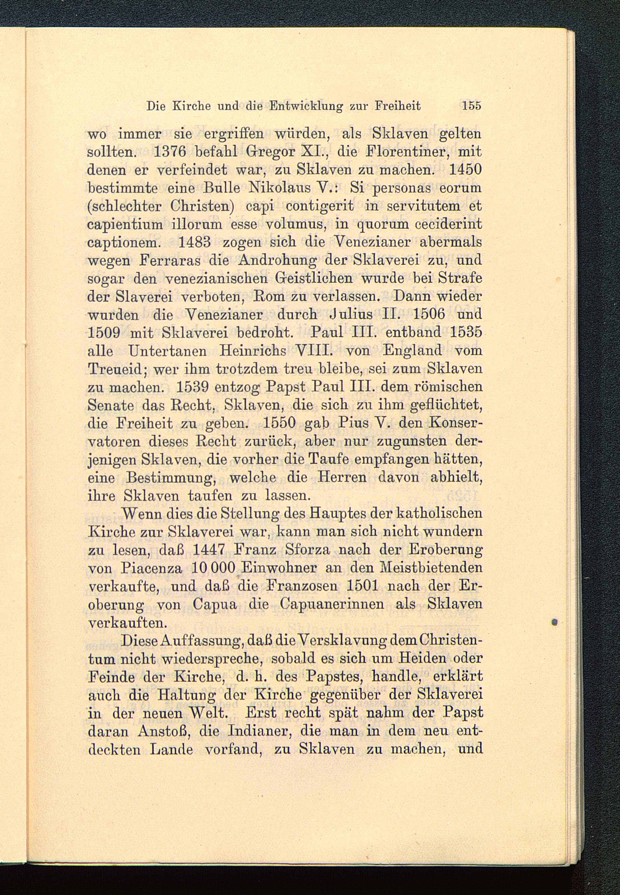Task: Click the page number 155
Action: tap(472, 106)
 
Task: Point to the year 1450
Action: tap(465, 170)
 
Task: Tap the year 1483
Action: tap(193, 242)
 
